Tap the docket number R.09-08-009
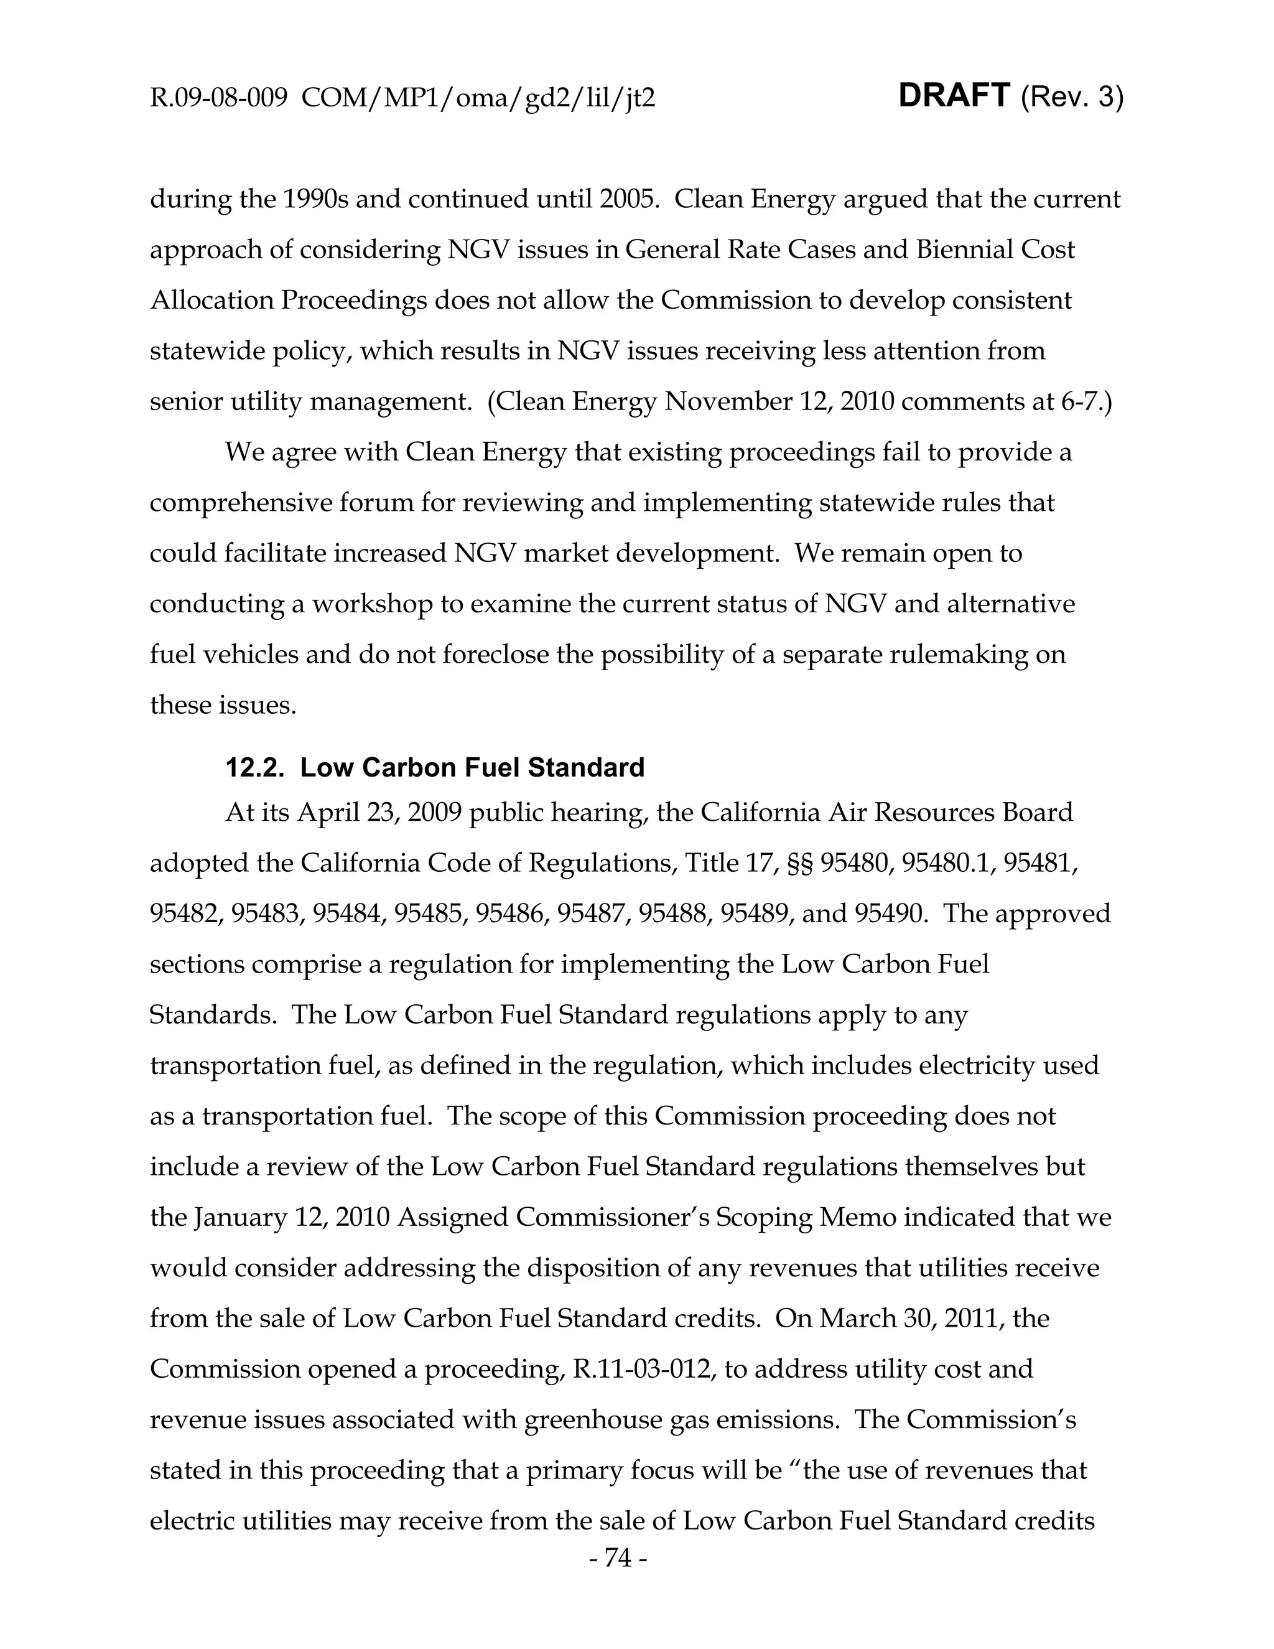coord(218,98)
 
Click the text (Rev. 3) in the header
coord(1072,98)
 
